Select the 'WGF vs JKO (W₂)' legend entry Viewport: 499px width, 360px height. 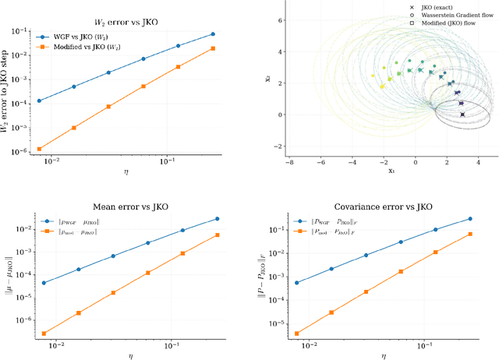tap(82, 36)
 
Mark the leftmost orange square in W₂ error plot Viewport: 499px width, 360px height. tap(40, 149)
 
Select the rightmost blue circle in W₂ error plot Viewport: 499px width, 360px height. tap(214, 34)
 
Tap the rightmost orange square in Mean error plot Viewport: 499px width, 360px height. tap(217, 235)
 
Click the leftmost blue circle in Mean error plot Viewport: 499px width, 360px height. tap(44, 283)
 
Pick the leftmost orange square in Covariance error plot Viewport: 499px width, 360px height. tap(296, 334)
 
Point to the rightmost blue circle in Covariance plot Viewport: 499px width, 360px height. tap(470, 219)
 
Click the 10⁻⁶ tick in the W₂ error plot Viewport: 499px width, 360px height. tap(23, 152)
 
